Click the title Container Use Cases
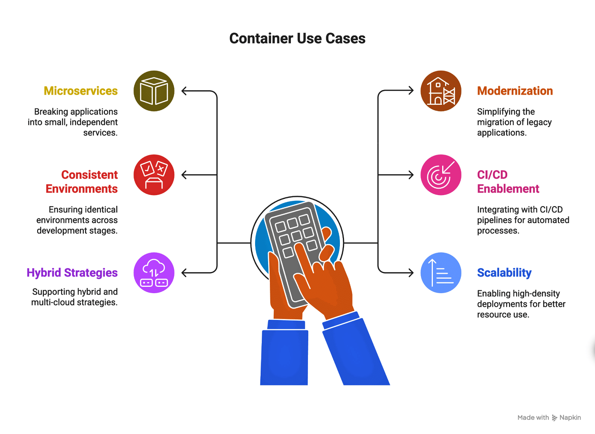point(297,38)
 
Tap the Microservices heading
point(81,91)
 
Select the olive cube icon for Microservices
point(154,91)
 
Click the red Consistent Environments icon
point(154,175)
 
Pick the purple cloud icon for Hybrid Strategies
point(154,273)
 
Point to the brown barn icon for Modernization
point(441,91)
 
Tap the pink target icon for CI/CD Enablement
point(441,175)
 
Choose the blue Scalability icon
point(441,273)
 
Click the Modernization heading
point(515,91)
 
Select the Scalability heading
point(504,273)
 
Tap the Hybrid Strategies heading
point(72,273)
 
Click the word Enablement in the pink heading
point(508,189)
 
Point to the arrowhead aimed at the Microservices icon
point(184,91)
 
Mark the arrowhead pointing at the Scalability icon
point(411,273)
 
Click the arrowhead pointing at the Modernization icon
point(411,90)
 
